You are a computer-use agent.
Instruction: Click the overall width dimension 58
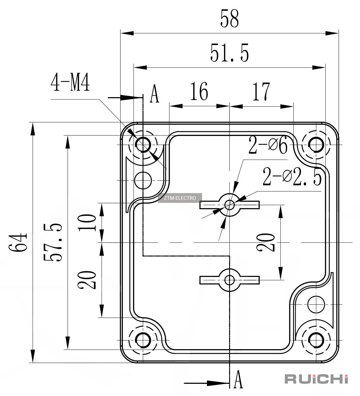click(229, 18)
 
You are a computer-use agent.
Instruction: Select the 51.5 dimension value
click(229, 53)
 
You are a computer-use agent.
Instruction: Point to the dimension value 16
click(199, 91)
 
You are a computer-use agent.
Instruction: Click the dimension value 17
click(261, 91)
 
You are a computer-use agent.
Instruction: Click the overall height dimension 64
click(18, 242)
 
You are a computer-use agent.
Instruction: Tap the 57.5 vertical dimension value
click(52, 242)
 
